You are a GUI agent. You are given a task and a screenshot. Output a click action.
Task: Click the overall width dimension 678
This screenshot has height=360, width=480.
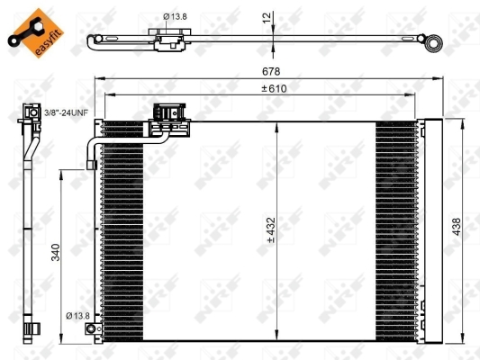point(271,71)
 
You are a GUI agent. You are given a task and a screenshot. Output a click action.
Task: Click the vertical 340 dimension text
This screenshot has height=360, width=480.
point(56,251)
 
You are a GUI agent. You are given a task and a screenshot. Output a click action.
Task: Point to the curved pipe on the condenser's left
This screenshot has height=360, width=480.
point(91,150)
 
